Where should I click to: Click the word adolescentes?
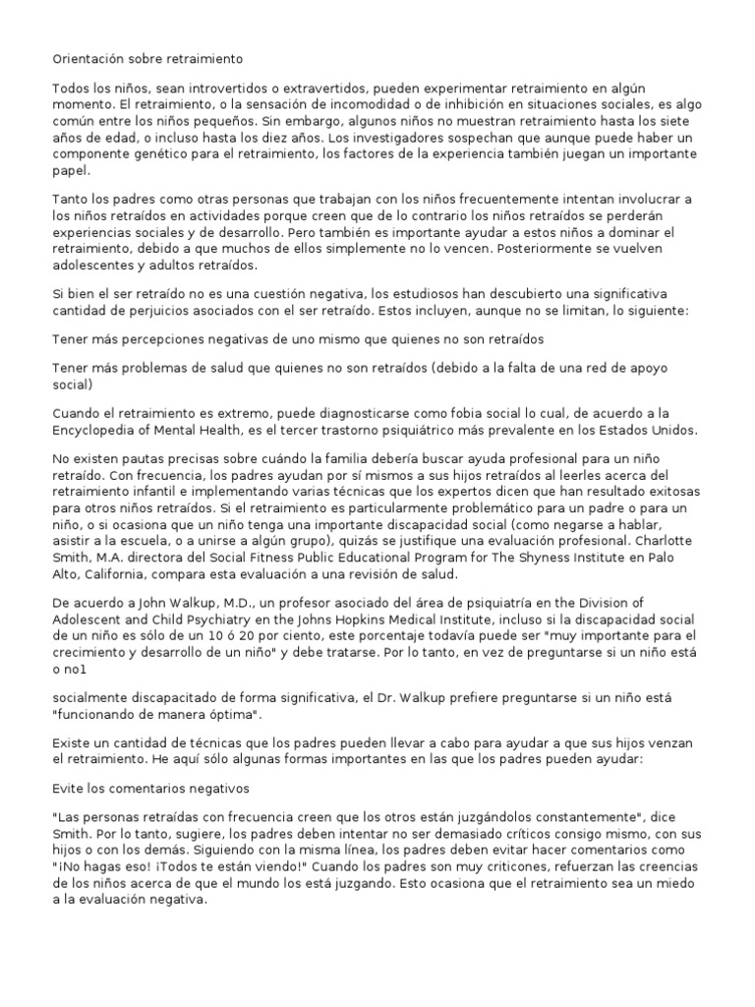pos(96,266)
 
